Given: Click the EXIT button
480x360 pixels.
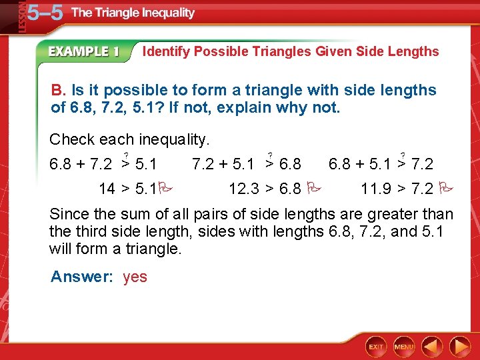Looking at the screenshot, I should [x=377, y=347].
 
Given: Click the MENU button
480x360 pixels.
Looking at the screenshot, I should [x=404, y=347].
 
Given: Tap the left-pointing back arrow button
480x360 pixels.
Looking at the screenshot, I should [x=433, y=347].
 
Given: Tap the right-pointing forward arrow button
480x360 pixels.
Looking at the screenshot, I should [x=459, y=347].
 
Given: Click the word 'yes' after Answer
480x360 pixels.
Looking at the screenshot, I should [x=135, y=277].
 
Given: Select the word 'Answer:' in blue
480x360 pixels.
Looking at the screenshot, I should [x=82, y=277].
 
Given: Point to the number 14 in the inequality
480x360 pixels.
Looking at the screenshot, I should [x=107, y=189].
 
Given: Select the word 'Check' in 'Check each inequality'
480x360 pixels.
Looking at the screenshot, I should [x=72, y=139].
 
